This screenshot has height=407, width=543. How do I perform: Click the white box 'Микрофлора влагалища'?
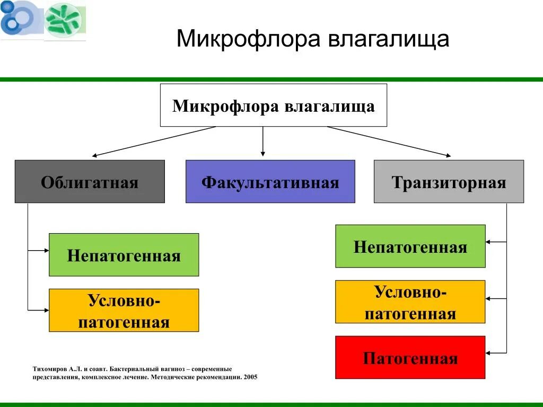(x=273, y=105)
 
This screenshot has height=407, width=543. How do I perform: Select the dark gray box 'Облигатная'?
(x=90, y=182)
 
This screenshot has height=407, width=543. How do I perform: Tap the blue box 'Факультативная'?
(x=270, y=182)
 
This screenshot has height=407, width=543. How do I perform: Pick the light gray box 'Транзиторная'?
(x=449, y=182)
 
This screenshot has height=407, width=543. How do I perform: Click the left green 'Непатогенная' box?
(x=124, y=255)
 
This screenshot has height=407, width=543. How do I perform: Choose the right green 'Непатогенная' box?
(x=410, y=246)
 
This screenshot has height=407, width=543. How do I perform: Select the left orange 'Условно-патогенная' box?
(x=124, y=311)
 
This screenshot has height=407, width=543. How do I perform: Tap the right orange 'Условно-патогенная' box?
(x=410, y=302)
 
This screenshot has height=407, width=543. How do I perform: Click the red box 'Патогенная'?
(x=410, y=358)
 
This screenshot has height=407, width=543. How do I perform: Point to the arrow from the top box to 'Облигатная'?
(x=154, y=141)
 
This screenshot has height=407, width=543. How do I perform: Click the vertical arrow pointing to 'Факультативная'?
(x=262, y=141)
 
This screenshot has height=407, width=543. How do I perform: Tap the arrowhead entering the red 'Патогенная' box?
(x=489, y=353)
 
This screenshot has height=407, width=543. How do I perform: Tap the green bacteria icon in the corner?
(x=64, y=20)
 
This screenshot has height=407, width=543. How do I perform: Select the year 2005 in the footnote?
(x=250, y=378)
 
